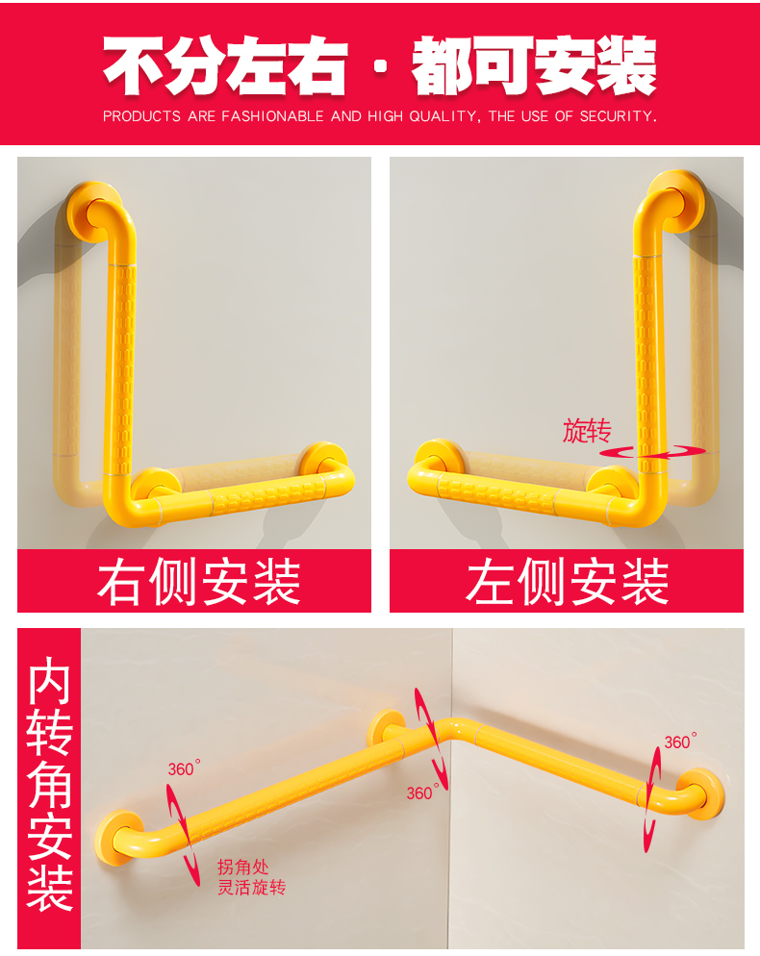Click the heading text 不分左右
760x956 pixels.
point(223,65)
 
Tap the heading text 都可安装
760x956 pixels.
point(534,65)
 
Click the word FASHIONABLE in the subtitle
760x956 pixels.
point(272,116)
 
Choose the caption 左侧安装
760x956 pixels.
point(567,582)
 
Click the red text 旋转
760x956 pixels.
point(587,431)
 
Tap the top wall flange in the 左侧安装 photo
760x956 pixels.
point(675,200)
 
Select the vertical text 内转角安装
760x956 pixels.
point(49,784)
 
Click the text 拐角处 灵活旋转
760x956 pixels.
point(251,877)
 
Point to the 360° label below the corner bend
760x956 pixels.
point(420,793)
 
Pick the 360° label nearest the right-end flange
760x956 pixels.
point(679,742)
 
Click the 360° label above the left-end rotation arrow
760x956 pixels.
point(184,768)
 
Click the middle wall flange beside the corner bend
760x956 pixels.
point(389,730)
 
